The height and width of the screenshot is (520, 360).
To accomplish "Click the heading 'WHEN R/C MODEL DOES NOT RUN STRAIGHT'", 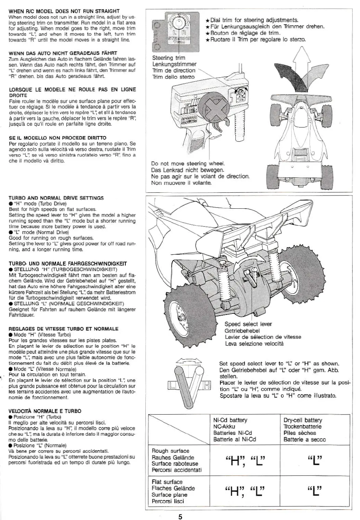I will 64,11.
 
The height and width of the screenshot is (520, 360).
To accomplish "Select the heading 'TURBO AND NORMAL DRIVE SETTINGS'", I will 56,198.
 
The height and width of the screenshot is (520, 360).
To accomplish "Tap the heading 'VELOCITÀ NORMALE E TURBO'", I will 45,411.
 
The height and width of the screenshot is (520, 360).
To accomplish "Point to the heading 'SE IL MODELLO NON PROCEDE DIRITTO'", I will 57,137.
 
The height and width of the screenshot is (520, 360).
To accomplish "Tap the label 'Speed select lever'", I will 248,324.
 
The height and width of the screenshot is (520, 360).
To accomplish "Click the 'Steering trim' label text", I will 168,58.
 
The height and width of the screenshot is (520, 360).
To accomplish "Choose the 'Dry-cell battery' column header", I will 303,420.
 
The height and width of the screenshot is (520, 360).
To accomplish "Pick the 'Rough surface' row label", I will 171,451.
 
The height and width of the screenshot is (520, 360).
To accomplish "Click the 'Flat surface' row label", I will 167,482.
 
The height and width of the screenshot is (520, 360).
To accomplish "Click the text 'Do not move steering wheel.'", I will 188,163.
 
